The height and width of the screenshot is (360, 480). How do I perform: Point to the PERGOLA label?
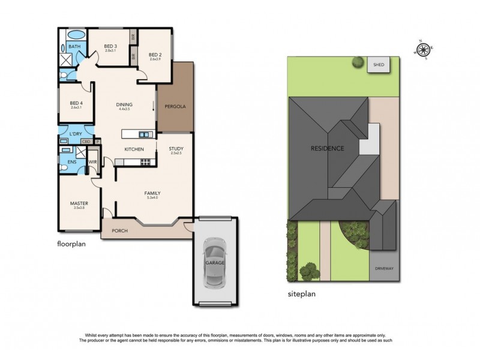[x=176, y=107]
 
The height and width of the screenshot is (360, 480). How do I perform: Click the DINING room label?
[x=124, y=105]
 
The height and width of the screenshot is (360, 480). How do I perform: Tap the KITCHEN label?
[x=133, y=149]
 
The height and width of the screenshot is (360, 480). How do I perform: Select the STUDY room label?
[x=176, y=149]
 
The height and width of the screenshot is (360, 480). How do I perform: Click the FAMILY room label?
[x=153, y=193]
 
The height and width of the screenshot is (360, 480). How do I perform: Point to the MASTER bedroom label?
[x=79, y=203]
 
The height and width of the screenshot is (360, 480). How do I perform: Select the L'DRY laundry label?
[x=76, y=133]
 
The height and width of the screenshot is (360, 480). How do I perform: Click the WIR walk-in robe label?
[x=93, y=162]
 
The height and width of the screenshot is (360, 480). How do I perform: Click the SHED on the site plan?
[x=378, y=64]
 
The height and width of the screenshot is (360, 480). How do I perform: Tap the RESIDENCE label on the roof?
[x=327, y=148]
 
